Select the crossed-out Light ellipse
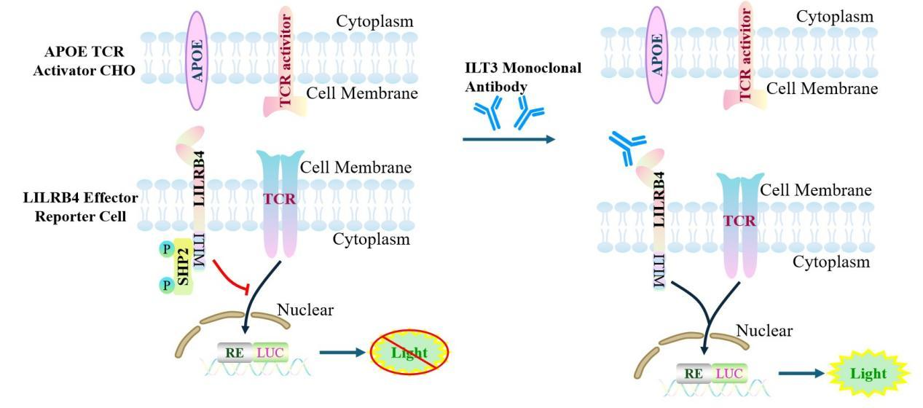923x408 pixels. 409,353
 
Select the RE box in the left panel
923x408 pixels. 235,352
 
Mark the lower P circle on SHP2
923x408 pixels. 166,285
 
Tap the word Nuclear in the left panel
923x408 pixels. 305,310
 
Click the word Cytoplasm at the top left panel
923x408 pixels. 374,21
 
